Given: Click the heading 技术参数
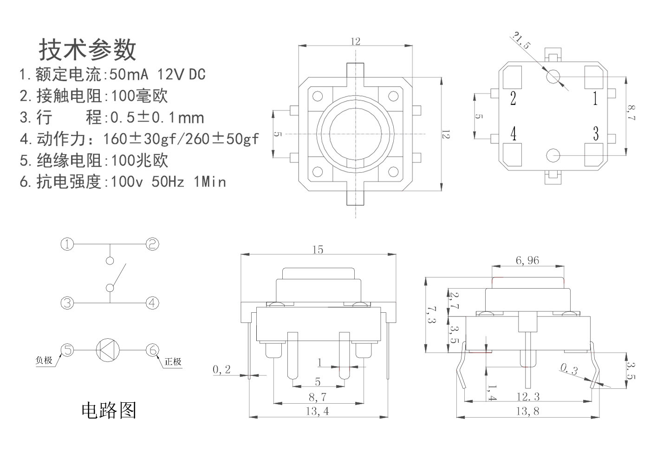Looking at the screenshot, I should tap(87, 50).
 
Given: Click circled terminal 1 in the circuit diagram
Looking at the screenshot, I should tap(68, 244).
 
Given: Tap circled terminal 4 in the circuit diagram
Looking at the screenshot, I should tap(152, 303).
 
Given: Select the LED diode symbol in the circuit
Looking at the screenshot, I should tap(107, 350).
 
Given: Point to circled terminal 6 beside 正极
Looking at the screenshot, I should tap(152, 350).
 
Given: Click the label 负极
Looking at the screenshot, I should tap(44, 360).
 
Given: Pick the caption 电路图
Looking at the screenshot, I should tap(109, 410).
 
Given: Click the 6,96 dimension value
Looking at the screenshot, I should tap(527, 261).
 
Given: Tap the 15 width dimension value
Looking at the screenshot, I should tap(318, 250).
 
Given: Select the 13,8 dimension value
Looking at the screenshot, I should tap(527, 411).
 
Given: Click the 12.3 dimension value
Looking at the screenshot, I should tap(528, 397).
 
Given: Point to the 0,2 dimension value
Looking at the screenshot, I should tap(221, 369).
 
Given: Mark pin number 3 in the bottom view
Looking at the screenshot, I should tap(596, 134).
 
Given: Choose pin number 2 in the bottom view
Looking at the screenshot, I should tap(513, 98).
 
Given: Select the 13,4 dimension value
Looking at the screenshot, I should tap(318, 411).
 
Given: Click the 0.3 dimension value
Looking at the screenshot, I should tap(569, 370).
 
